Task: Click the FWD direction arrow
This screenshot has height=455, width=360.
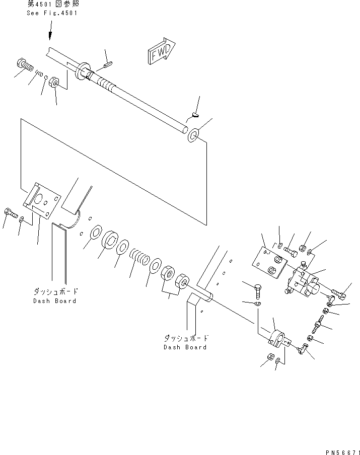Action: (x=161, y=51)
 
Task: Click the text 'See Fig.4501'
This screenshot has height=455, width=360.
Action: (x=52, y=13)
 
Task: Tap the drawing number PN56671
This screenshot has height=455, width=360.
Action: (x=342, y=452)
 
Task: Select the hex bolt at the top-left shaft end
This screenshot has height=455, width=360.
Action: (x=26, y=66)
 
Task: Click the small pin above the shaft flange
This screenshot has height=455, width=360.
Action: (x=108, y=65)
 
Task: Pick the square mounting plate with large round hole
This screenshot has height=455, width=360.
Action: (x=42, y=200)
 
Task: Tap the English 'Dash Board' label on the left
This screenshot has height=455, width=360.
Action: (x=54, y=301)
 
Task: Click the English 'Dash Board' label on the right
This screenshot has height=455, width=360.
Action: (x=185, y=347)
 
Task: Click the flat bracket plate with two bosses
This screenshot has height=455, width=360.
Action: (x=269, y=262)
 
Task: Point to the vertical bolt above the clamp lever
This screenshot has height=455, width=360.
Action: (x=258, y=292)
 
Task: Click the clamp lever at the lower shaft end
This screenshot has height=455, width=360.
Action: (x=279, y=339)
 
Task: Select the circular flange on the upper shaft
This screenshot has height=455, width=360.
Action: (x=82, y=71)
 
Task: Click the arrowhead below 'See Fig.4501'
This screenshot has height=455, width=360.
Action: (x=50, y=35)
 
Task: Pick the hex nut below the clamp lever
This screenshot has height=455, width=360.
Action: (x=270, y=357)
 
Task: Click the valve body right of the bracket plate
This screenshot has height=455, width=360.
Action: (x=304, y=281)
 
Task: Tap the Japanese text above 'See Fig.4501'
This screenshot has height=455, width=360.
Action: (x=53, y=4)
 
